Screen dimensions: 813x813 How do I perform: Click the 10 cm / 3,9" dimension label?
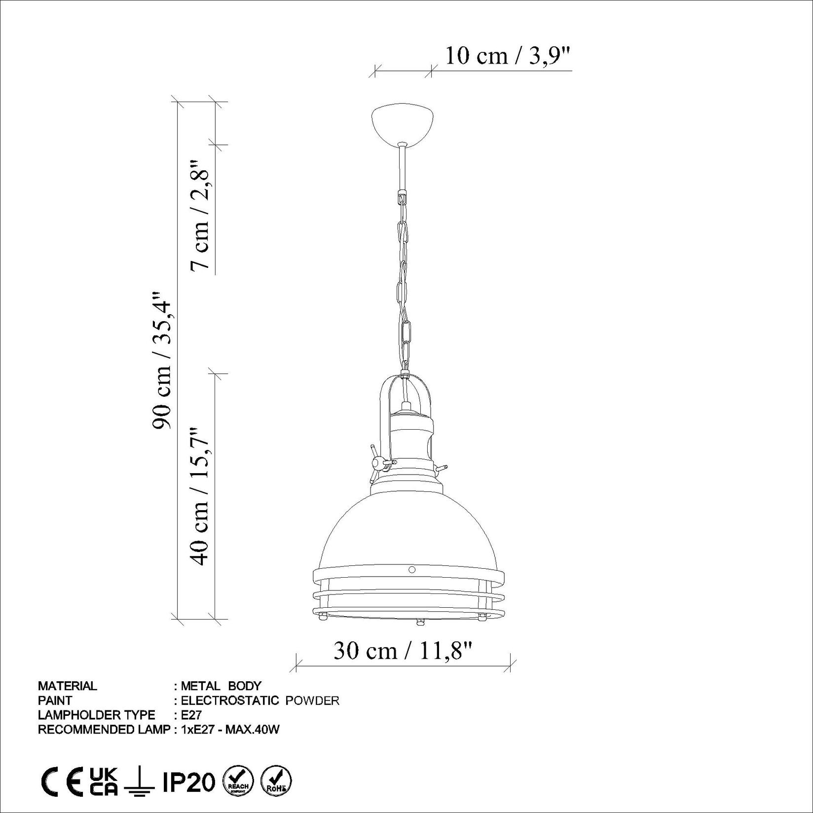pyautogui.click(x=508, y=56)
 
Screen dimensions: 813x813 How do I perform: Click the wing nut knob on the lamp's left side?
pyautogui.click(x=377, y=462)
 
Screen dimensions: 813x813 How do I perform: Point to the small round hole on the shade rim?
pyautogui.click(x=412, y=569)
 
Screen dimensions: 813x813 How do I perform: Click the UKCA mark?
pyautogui.click(x=104, y=782)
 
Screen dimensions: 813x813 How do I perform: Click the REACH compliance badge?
pyautogui.click(x=238, y=782)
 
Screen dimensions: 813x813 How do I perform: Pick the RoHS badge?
pyautogui.click(x=276, y=782)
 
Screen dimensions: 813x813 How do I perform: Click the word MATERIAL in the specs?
pyautogui.click(x=68, y=686)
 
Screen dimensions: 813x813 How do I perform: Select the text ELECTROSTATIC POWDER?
pyautogui.click(x=260, y=701)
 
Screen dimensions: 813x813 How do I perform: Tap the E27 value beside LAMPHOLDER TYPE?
pyautogui.click(x=191, y=715)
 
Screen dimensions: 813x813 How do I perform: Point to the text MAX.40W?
pyautogui.click(x=253, y=730)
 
